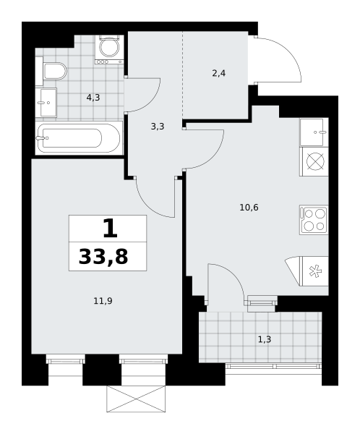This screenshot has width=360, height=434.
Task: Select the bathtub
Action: point(79,138)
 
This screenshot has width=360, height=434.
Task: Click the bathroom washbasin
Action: point(46,103)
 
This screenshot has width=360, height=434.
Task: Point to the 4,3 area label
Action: point(93,98)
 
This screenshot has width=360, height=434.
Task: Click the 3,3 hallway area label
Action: point(158,127)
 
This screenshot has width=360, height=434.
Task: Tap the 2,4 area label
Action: point(218,73)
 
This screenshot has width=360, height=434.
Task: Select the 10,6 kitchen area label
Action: point(249,207)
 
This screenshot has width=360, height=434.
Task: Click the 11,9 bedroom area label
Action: point(103,301)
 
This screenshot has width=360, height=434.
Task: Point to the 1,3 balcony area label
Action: point(265,339)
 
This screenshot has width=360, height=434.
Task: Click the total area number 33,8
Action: point(103,257)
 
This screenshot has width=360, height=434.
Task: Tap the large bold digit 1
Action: point(110,228)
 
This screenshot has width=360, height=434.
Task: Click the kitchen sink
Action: point(314,132)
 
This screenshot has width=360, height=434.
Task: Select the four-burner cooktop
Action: point(314,220)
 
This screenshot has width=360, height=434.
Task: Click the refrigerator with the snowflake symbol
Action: point(314,271)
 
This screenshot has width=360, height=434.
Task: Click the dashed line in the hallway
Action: point(183,75)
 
